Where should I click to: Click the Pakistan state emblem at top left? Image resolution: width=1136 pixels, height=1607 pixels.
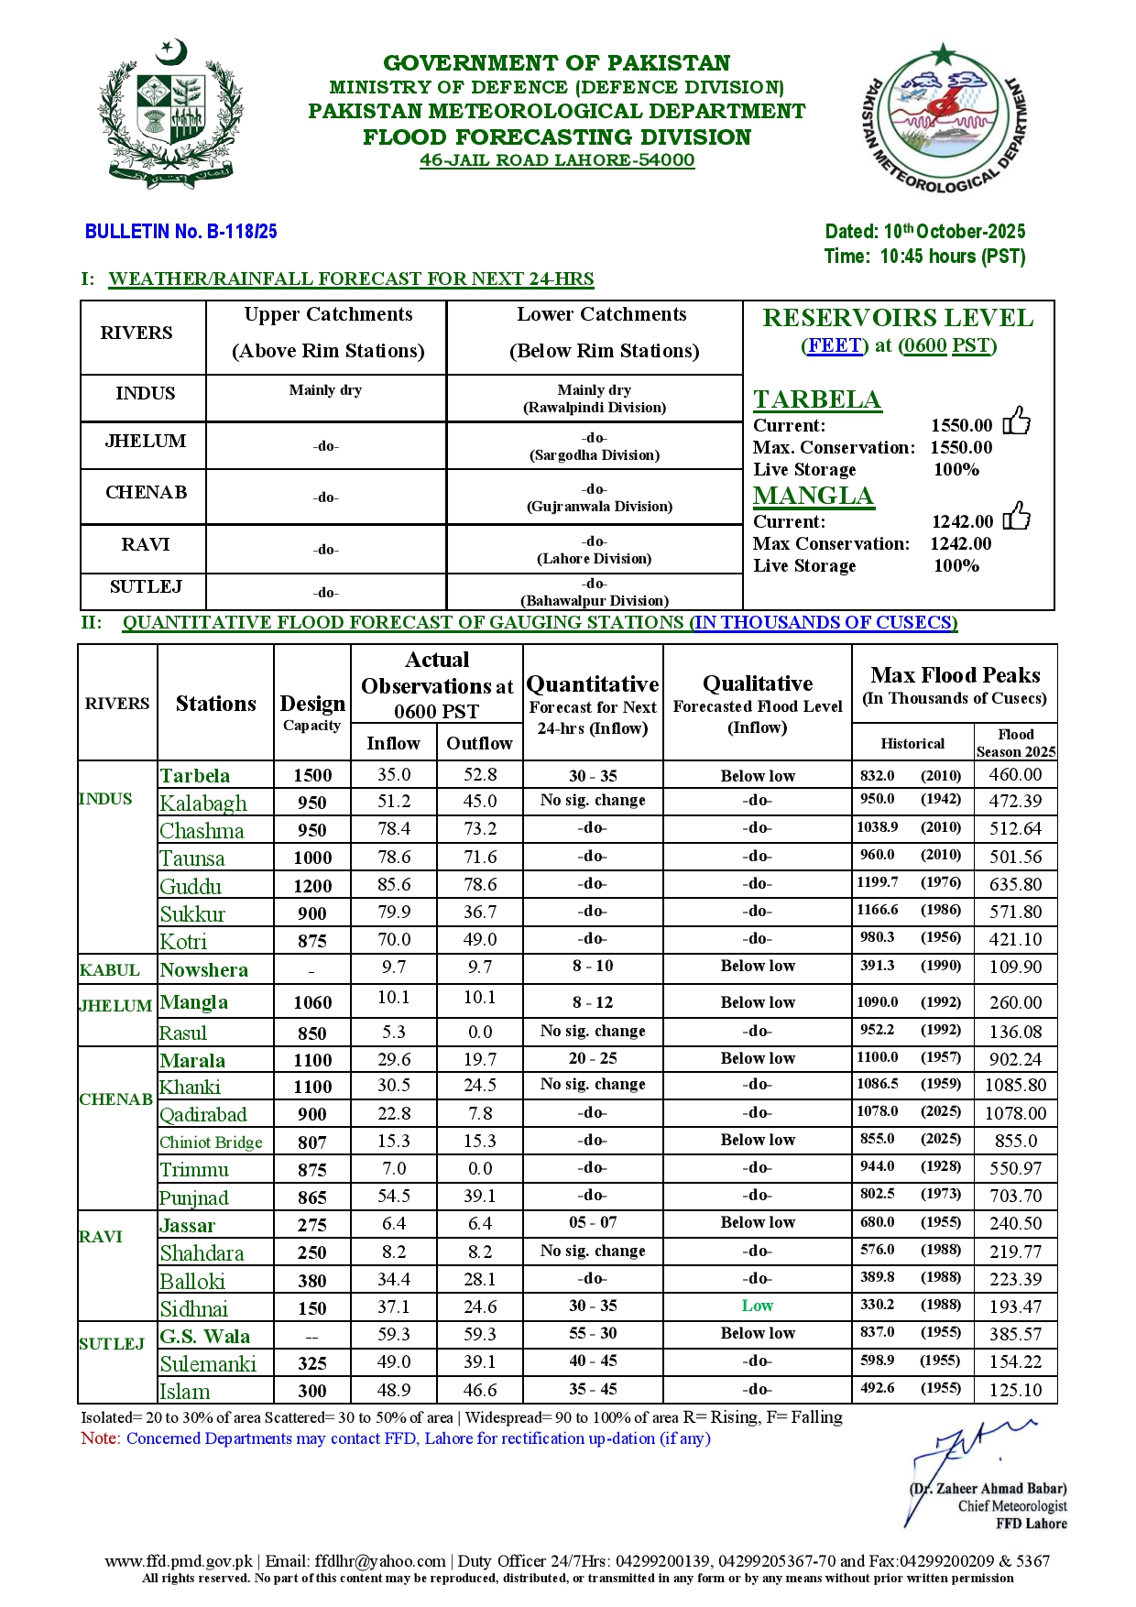click(x=171, y=114)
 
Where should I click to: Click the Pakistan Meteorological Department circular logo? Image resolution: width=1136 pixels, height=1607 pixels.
click(x=944, y=117)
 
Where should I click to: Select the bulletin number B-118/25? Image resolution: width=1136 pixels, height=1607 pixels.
click(x=180, y=232)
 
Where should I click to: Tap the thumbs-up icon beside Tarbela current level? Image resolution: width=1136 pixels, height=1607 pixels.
click(x=1016, y=421)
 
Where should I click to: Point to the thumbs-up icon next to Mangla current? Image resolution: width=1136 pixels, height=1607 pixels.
click(x=1016, y=518)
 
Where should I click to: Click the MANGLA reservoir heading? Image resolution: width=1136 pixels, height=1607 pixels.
click(x=813, y=496)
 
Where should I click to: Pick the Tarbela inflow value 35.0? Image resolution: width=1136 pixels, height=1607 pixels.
click(x=394, y=775)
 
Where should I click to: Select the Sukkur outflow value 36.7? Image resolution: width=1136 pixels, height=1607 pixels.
click(x=479, y=913)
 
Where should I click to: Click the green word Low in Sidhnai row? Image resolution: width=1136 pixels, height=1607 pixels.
click(x=757, y=1306)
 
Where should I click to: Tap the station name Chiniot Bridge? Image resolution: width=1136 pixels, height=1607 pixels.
click(x=211, y=1142)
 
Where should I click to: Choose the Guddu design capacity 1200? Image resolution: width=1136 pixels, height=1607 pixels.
click(x=312, y=886)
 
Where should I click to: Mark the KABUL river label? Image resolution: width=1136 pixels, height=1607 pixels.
click(x=110, y=970)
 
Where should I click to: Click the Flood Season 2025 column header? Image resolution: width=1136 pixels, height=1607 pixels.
click(x=1015, y=743)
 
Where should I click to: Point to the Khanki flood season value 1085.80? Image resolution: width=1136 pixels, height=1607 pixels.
click(x=1015, y=1086)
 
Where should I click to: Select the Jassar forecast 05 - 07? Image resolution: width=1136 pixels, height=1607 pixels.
click(x=593, y=1223)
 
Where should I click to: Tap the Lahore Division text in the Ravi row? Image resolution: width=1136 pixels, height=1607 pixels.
click(x=594, y=559)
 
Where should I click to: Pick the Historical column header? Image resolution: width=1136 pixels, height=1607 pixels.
click(x=912, y=744)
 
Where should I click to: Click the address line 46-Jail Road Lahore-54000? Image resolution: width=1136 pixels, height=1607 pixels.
click(x=557, y=160)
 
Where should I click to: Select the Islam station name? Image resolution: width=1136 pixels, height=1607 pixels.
click(x=185, y=1392)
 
